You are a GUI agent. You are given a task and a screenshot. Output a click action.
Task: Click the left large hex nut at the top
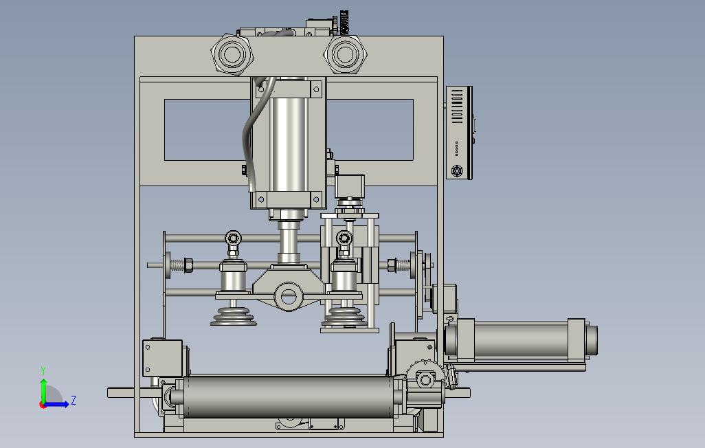tap(232, 54)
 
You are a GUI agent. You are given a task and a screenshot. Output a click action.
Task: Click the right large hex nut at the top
tap(346, 54)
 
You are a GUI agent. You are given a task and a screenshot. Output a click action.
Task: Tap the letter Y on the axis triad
tap(43, 371)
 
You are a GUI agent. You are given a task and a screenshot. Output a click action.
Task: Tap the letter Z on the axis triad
tap(73, 400)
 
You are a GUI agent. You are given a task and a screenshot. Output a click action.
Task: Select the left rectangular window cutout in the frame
tap(208, 130)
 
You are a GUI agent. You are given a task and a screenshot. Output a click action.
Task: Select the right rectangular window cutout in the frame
tap(370, 130)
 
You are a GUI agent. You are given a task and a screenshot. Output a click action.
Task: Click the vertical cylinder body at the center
tap(289, 144)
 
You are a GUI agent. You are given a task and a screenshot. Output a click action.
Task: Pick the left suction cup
tap(234, 316)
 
